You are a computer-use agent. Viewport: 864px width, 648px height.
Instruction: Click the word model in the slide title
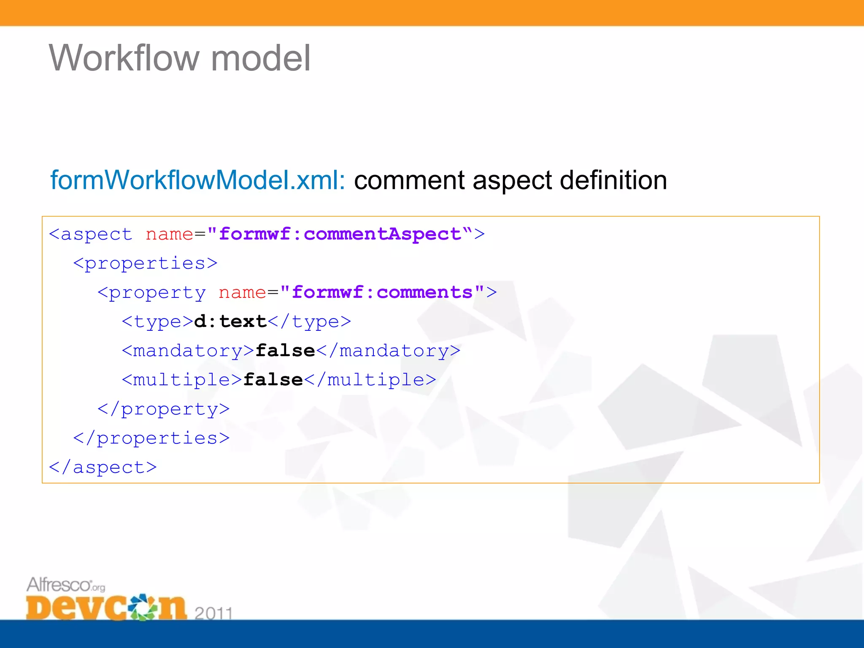click(x=260, y=58)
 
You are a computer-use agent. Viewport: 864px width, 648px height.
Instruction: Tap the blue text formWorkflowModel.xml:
click(x=197, y=181)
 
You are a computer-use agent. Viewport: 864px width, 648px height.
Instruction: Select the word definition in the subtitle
click(x=613, y=181)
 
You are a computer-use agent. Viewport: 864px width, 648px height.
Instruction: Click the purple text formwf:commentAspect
click(x=340, y=234)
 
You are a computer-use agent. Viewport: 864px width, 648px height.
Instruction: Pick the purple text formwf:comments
click(x=382, y=292)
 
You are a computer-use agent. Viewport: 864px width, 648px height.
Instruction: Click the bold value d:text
click(x=230, y=321)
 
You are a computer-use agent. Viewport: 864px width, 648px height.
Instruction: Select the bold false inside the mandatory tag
click(x=285, y=351)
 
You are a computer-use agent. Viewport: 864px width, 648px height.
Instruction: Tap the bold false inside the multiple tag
click(x=273, y=380)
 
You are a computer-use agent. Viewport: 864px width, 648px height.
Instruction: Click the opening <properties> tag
click(x=146, y=263)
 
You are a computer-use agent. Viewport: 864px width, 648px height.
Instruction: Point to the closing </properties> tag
click(x=151, y=438)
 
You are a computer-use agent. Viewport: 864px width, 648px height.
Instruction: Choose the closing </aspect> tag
click(x=103, y=467)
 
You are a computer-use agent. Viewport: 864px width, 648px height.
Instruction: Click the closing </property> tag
click(x=164, y=409)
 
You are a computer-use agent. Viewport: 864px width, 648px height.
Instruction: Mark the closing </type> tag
click(x=309, y=321)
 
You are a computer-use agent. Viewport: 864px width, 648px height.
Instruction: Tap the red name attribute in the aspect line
click(x=169, y=234)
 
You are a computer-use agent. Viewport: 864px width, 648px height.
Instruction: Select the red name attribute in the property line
click(x=242, y=292)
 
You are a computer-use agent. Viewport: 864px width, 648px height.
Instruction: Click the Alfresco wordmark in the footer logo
click(x=59, y=585)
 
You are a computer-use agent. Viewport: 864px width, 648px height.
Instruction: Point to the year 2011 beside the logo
click(x=213, y=613)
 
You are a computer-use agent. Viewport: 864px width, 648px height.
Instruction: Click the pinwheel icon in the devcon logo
click(x=143, y=607)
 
